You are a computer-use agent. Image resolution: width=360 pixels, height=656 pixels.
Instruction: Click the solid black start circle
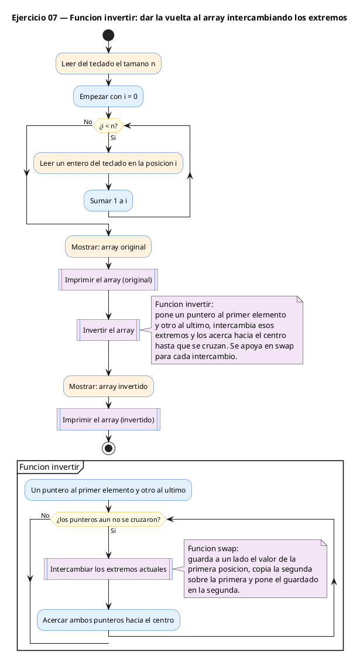(108, 35)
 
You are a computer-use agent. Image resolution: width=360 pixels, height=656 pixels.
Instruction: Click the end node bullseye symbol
(109, 448)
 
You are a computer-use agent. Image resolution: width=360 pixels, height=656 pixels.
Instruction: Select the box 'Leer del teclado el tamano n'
(108, 64)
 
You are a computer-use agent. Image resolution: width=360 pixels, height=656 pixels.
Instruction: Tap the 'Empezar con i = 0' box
(108, 96)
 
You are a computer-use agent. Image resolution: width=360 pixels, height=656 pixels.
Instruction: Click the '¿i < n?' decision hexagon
(108, 125)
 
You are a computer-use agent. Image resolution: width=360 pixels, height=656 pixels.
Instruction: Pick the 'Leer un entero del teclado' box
(108, 163)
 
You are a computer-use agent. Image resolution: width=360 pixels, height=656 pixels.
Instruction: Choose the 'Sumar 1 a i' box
(108, 200)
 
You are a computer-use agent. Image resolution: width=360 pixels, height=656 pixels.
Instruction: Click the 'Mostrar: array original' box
(108, 247)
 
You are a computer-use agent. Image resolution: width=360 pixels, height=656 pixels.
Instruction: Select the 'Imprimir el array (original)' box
(108, 279)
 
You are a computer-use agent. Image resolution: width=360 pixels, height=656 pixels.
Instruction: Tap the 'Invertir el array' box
(108, 330)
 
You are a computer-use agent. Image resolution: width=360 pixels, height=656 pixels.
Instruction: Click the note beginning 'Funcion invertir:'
(227, 330)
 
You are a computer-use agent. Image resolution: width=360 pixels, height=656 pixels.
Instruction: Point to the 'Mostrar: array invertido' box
(108, 386)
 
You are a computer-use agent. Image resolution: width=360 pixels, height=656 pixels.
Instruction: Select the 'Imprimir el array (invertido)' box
(108, 419)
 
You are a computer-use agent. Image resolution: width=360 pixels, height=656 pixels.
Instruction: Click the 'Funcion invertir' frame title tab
(50, 467)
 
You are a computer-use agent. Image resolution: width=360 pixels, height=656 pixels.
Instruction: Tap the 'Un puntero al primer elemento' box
(108, 490)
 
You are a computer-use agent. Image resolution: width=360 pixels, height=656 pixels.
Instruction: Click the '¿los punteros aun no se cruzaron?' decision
(108, 520)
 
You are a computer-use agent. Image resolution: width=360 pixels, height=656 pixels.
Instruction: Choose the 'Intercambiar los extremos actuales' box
(108, 569)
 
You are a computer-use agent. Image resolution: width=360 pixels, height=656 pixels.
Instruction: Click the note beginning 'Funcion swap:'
(255, 569)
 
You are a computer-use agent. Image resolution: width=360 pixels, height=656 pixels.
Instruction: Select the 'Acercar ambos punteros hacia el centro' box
(108, 620)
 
